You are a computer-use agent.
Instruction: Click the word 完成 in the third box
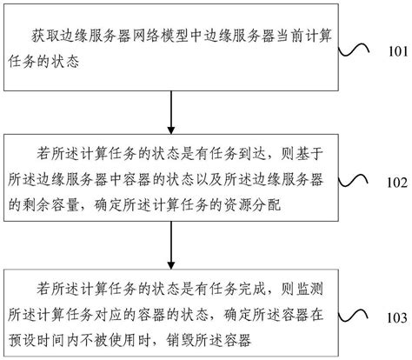coord(253,284)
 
